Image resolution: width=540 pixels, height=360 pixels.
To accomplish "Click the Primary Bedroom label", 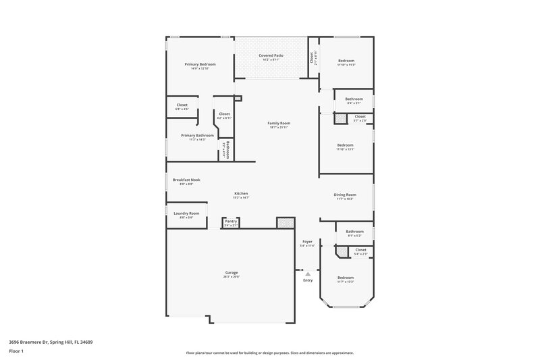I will (x=200, y=64).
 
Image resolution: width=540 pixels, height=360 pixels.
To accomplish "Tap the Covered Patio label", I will (x=271, y=55).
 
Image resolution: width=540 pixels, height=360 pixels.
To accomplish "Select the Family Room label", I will (x=278, y=123).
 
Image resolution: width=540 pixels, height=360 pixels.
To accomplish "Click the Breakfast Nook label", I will (x=186, y=180).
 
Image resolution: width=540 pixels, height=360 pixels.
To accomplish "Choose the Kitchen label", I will (x=242, y=193).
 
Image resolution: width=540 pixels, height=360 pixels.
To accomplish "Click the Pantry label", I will (x=230, y=221).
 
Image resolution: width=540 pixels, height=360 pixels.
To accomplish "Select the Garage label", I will (x=232, y=273).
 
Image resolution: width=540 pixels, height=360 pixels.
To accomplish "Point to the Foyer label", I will (x=307, y=241).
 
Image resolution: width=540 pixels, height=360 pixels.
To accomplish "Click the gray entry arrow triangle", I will (x=308, y=274).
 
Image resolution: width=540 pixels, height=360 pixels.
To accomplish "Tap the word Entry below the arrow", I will (x=308, y=280).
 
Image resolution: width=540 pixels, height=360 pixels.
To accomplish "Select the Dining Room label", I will (x=345, y=195).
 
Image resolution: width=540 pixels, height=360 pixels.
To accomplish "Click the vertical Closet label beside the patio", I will (x=312, y=58).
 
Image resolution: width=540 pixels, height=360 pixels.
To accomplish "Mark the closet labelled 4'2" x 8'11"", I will (x=224, y=115).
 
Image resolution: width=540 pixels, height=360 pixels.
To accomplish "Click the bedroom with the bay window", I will (x=346, y=279).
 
